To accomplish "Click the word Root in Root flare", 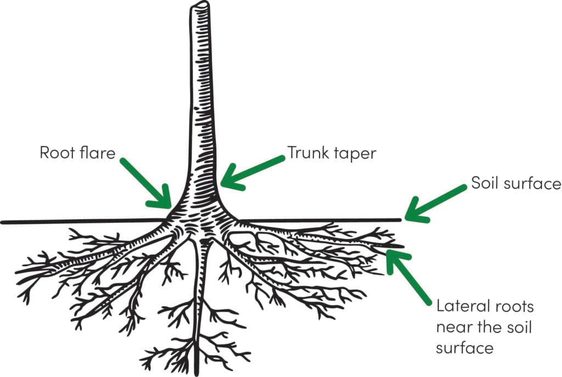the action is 57,153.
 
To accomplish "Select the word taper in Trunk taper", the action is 355,154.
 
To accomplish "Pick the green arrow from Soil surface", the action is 435,203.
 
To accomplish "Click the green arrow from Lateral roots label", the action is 408,277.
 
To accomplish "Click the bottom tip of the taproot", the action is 196,375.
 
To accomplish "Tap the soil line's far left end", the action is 2,222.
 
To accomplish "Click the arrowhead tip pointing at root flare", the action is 171,207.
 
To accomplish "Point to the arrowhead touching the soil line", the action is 406,218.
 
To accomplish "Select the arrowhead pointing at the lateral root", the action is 388,251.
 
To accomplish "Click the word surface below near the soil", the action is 464,348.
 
